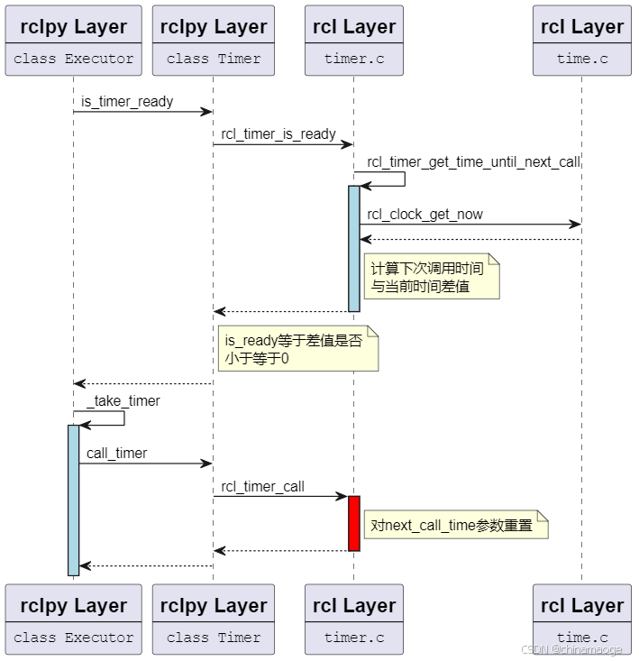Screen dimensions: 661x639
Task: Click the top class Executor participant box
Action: (73, 41)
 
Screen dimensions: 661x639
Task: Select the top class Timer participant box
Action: (213, 41)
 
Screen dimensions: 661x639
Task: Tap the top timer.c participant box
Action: (353, 41)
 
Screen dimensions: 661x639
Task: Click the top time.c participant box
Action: (581, 41)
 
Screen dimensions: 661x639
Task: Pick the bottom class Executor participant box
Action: (73, 620)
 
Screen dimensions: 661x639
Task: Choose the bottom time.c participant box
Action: (581, 620)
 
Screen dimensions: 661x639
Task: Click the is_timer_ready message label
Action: (127, 101)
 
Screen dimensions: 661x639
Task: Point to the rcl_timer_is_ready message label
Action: (278, 134)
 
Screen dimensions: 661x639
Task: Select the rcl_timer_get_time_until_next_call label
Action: (473, 162)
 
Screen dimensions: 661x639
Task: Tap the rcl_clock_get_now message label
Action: (424, 215)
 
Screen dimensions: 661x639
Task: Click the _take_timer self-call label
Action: (123, 401)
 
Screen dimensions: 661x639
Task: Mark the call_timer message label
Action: (117, 454)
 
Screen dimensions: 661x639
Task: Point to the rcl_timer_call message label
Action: (262, 487)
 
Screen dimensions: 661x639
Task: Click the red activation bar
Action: (354, 523)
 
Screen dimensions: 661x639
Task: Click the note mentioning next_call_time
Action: (455, 525)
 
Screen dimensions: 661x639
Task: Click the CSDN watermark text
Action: (571, 649)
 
